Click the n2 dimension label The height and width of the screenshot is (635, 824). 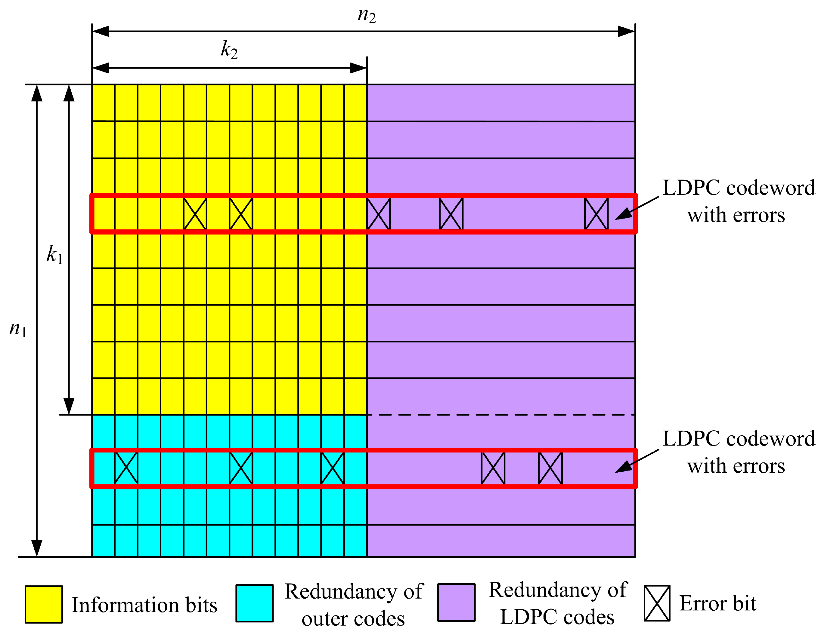[x=366, y=15]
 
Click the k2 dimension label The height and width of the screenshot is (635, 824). [x=229, y=50]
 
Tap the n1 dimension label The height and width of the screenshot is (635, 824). [x=18, y=329]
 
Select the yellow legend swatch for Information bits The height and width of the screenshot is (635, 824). [x=44, y=604]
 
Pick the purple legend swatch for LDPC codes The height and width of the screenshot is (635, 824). [x=456, y=602]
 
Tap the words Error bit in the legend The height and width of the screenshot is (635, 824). [x=717, y=603]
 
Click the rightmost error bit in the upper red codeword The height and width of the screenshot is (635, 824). [x=596, y=214]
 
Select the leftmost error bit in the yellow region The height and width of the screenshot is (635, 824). [x=195, y=214]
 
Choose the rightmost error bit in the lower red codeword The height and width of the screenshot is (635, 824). [x=550, y=468]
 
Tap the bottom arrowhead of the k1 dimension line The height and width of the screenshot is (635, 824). [x=69, y=406]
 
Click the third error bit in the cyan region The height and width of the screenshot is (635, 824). [x=332, y=468]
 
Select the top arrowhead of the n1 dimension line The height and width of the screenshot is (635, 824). [x=37, y=94]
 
